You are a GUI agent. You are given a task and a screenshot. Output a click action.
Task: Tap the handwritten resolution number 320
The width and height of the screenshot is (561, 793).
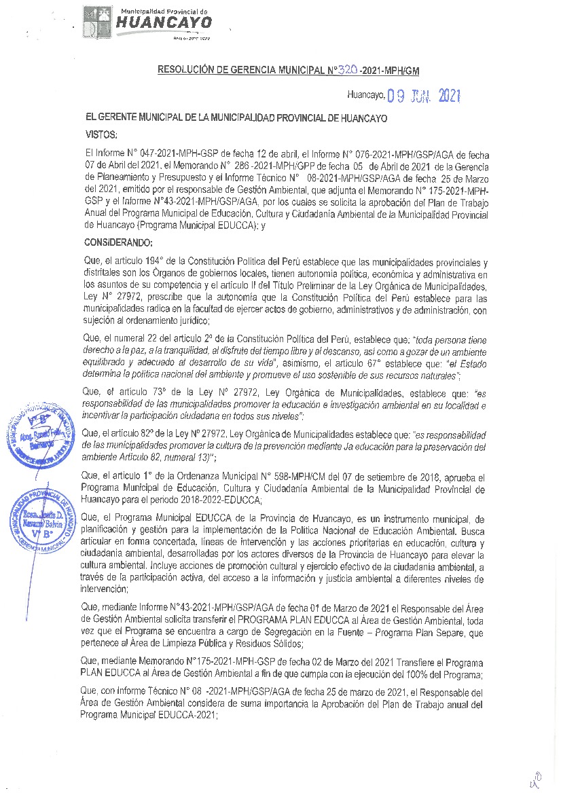click(x=331, y=69)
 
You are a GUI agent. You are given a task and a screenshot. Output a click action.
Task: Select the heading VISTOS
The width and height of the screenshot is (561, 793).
click(x=102, y=134)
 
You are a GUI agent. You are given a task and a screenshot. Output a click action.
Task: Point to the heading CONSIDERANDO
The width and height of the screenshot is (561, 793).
click(x=119, y=242)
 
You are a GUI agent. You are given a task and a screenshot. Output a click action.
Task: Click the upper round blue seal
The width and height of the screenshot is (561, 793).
click(x=39, y=435)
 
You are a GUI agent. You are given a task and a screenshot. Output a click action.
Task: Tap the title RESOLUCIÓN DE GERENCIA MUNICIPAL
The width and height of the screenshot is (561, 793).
click(x=231, y=69)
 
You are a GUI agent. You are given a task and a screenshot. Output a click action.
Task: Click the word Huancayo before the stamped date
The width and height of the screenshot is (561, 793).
click(x=365, y=96)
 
